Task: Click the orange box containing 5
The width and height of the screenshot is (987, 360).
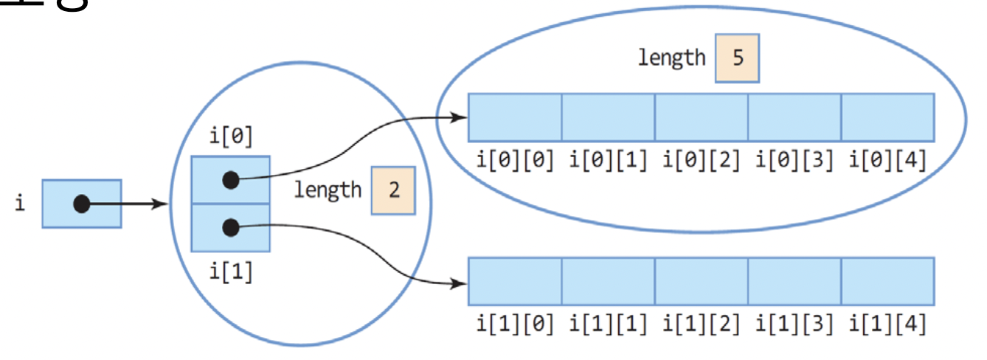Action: (737, 58)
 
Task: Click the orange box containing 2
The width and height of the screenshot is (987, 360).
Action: (393, 190)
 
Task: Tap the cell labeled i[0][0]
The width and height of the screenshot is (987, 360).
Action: (515, 117)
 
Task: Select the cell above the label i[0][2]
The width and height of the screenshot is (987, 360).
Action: (702, 117)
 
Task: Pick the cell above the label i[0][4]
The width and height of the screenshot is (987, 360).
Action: (887, 117)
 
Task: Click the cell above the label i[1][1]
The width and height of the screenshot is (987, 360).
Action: (608, 281)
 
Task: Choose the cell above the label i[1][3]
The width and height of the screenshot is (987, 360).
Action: (794, 281)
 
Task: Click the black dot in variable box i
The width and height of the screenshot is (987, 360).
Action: (82, 204)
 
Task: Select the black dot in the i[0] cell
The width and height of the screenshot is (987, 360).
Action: (231, 179)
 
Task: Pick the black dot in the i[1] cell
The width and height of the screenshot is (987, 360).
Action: (231, 228)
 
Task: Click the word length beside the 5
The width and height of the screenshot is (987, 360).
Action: (672, 58)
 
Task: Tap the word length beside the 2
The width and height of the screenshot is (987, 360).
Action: (328, 190)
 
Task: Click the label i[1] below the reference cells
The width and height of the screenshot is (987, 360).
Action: (231, 272)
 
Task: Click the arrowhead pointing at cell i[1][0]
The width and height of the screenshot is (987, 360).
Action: (460, 283)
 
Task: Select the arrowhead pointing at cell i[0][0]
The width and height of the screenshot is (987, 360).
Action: (460, 117)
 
